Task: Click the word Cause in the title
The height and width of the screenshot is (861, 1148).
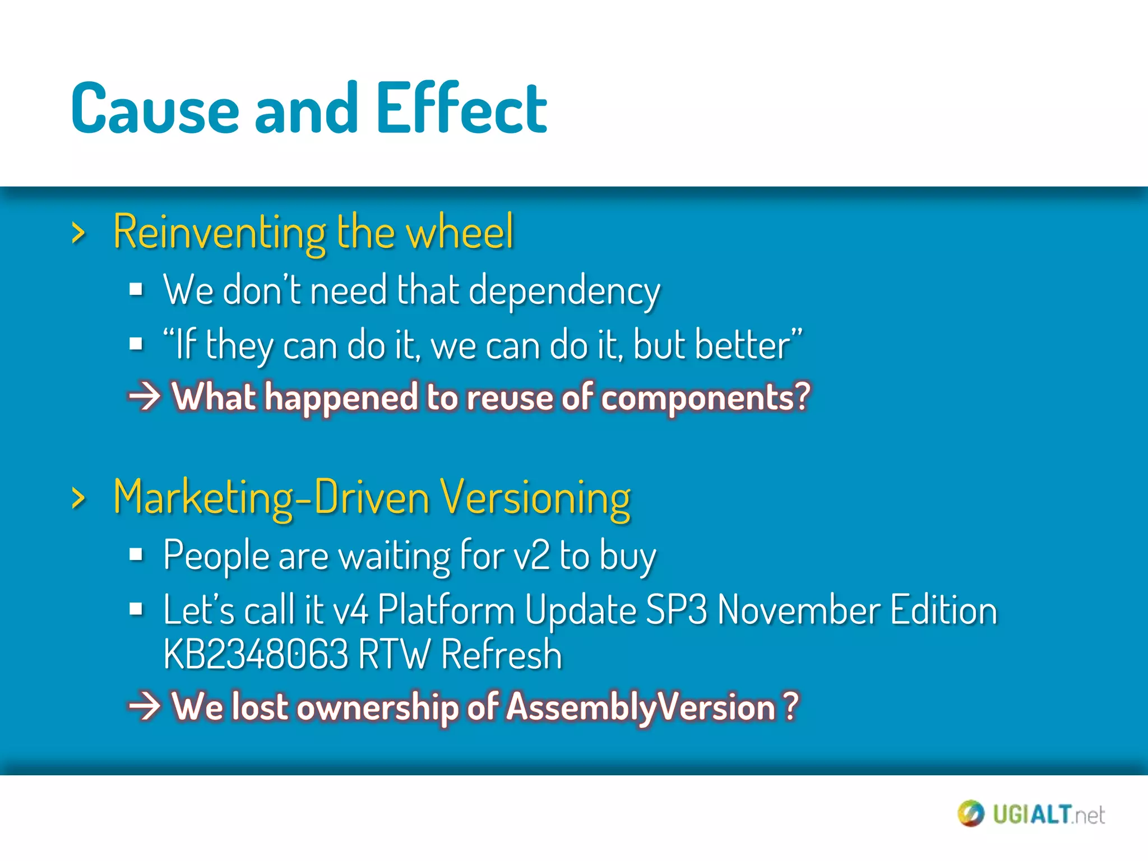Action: tap(155, 109)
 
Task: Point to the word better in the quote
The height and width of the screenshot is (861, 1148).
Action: tap(742, 345)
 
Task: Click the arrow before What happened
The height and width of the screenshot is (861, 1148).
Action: tap(145, 397)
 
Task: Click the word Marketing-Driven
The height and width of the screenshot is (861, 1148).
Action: tap(271, 498)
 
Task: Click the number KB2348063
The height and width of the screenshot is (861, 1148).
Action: tap(256, 655)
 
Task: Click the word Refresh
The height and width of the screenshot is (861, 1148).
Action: tap(501, 655)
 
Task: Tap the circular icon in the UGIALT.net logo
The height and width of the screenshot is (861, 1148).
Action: tap(970, 813)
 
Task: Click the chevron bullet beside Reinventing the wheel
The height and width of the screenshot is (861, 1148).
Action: tap(79, 233)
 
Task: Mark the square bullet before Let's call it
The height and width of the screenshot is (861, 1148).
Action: tap(136, 609)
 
